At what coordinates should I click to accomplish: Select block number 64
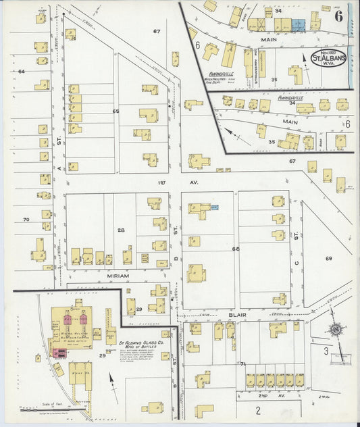[x=21, y=71]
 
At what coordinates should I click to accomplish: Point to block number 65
[x=115, y=111]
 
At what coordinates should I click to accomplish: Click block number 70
[x=26, y=220]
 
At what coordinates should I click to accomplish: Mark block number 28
[x=121, y=230]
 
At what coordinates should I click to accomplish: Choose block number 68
[x=236, y=249]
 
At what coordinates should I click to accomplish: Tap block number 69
[x=329, y=259]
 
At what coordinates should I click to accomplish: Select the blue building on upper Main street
[x=298, y=24]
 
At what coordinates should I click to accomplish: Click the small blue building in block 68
[x=214, y=208]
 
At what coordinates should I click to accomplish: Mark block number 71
[x=242, y=363]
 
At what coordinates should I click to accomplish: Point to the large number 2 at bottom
[x=257, y=409]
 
